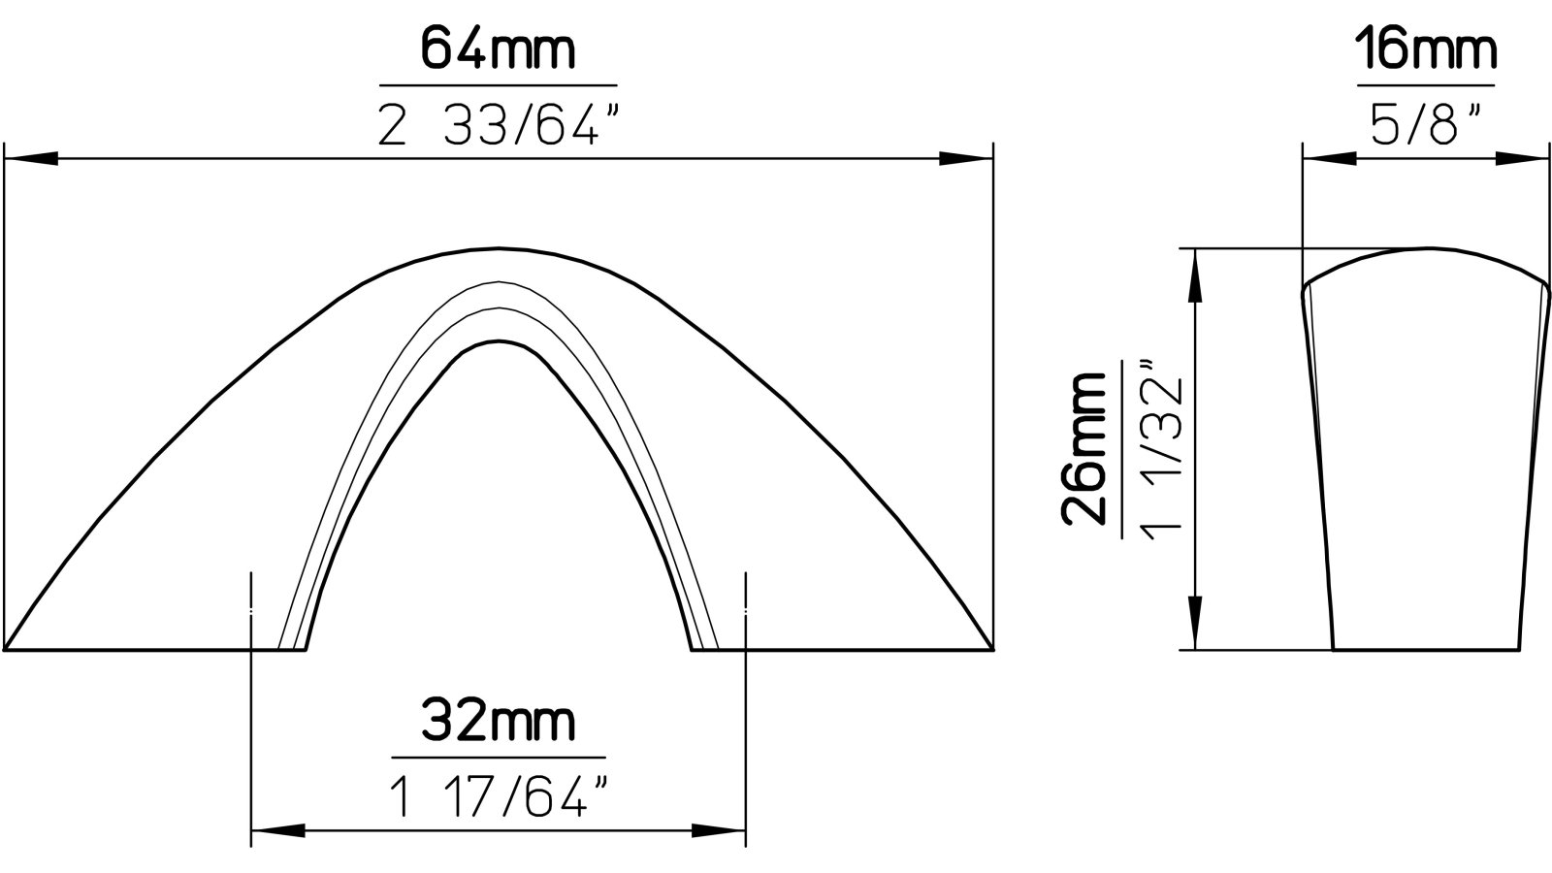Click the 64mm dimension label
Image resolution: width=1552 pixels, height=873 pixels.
(x=498, y=50)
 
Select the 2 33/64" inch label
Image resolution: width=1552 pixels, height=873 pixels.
(x=498, y=126)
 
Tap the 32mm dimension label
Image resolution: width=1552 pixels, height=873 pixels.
(x=498, y=723)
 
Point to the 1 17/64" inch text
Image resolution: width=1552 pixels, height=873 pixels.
(x=498, y=797)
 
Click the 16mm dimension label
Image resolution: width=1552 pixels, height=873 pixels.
(x=1426, y=50)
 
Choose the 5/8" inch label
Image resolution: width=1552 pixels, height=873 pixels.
(x=1426, y=126)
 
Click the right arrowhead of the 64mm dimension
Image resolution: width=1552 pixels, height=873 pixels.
(x=966, y=158)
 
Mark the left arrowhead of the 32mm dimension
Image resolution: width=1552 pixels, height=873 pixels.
(x=275, y=831)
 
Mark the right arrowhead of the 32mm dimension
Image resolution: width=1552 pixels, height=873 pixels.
(x=720, y=831)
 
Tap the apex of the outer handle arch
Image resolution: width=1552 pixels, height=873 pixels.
(x=499, y=248)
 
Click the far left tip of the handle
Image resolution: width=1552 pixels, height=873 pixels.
(x=8, y=647)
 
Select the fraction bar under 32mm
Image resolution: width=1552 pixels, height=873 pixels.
(x=498, y=758)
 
